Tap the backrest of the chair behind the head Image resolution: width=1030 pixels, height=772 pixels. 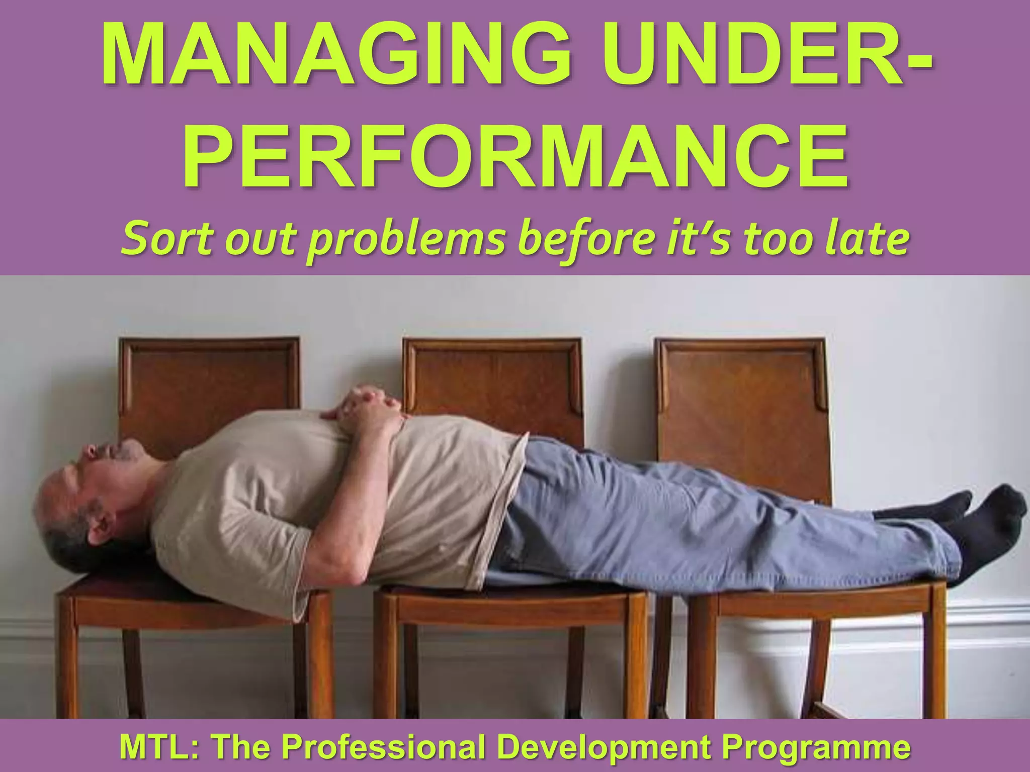[209, 382]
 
